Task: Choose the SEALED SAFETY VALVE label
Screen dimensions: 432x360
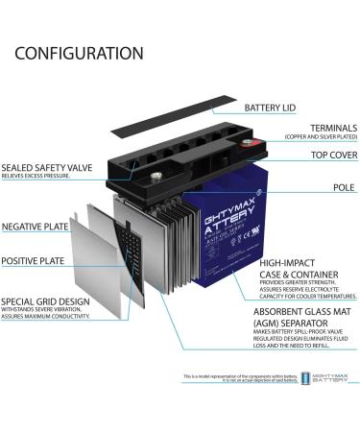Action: (46, 167)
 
